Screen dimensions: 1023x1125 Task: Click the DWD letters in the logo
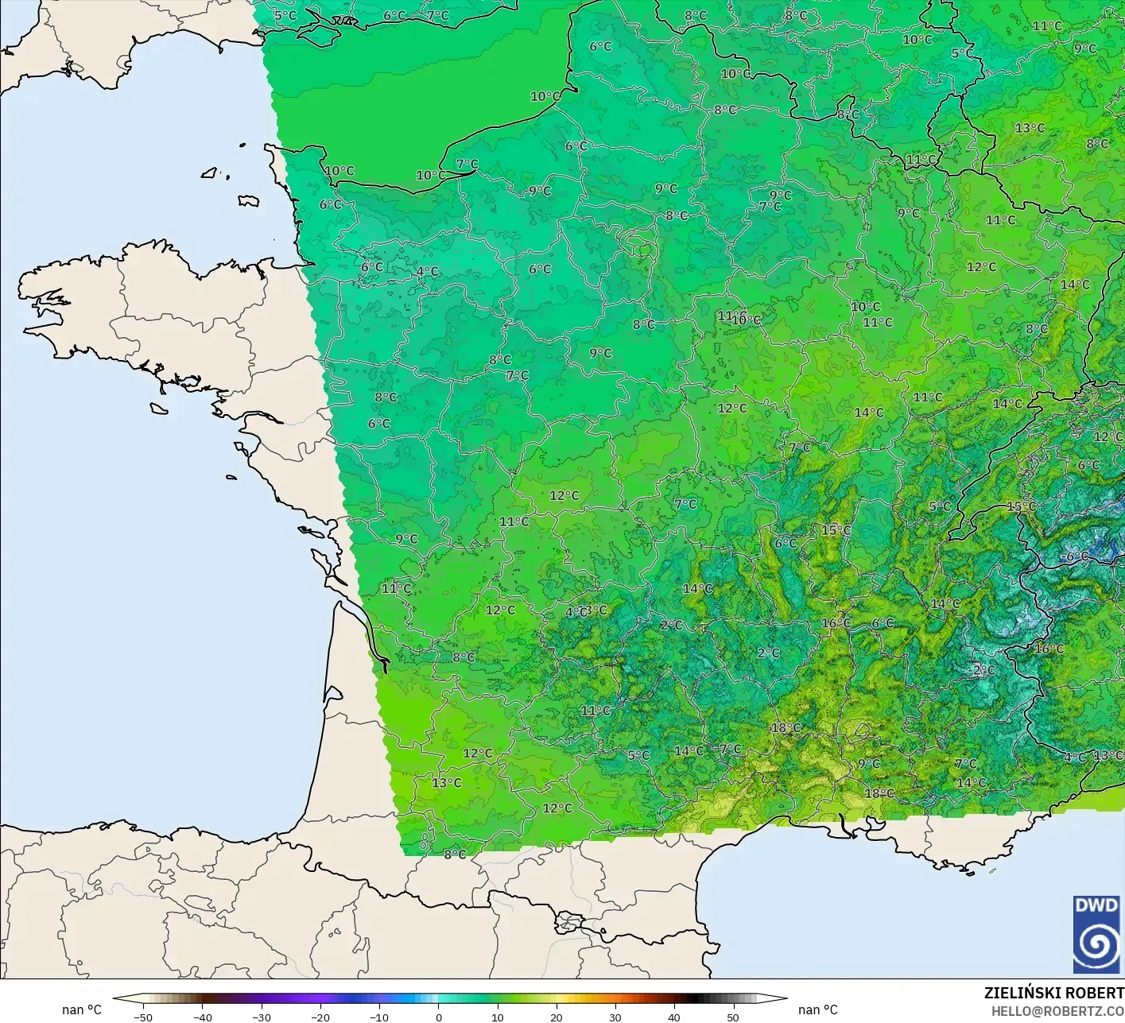tap(1096, 905)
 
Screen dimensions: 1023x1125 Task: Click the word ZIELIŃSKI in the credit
tap(1018, 993)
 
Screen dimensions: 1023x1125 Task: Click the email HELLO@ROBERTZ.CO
tap(1057, 1010)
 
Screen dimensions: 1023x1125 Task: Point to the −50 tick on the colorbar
tap(143, 1017)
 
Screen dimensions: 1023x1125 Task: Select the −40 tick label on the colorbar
tap(203, 1017)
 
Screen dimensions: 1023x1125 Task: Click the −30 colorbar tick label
tap(262, 1017)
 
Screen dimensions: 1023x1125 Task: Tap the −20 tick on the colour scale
tap(320, 1017)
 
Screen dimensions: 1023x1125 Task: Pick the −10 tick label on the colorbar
tap(379, 1017)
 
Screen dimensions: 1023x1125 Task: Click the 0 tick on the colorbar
tap(438, 1017)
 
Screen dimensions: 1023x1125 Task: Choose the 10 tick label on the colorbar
tap(497, 1017)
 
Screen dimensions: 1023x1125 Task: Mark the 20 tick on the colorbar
tap(556, 1017)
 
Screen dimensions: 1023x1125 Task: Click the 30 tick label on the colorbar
tap(615, 1017)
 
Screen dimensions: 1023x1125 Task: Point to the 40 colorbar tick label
tap(673, 1017)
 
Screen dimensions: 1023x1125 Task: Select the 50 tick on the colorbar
tap(732, 1017)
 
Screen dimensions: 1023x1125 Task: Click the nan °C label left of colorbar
tap(82, 1009)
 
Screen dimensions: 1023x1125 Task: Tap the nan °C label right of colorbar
tap(818, 1009)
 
